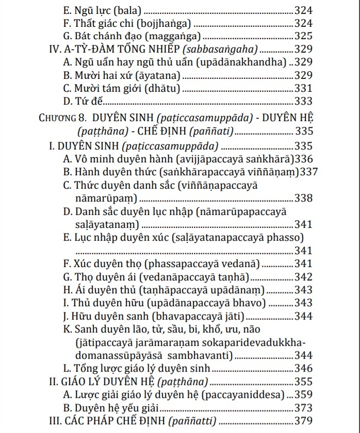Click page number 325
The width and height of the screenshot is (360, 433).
(303, 36)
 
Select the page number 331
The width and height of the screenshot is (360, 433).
(303, 88)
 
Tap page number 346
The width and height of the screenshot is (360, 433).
(303, 369)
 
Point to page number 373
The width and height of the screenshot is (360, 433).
(303, 408)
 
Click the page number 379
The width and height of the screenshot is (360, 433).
(303, 422)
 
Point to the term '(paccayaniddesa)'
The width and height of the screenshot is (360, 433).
(242, 395)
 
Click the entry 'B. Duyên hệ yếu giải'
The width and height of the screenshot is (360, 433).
(108, 408)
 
